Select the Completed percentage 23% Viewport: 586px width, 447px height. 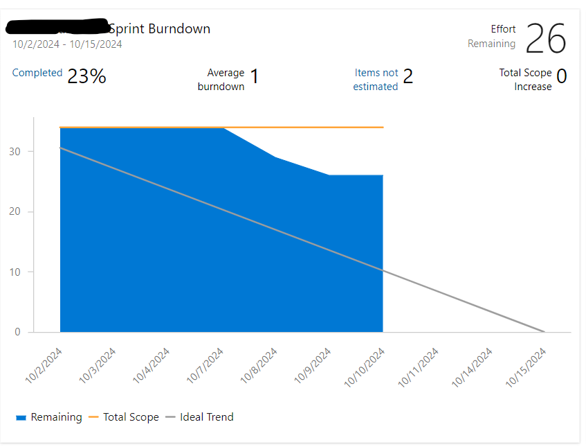pos(86,76)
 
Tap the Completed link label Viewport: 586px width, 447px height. pos(37,73)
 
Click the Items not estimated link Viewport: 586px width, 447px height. pos(376,80)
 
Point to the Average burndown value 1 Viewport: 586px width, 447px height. pos(254,76)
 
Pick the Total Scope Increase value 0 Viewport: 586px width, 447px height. pos(561,76)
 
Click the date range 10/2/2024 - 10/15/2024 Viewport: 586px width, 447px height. pos(67,44)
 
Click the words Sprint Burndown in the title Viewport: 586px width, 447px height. pos(159,28)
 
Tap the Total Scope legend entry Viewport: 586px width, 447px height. pos(131,417)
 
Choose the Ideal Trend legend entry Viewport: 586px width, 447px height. pos(206,417)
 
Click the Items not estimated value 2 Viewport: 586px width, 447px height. pos(408,76)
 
